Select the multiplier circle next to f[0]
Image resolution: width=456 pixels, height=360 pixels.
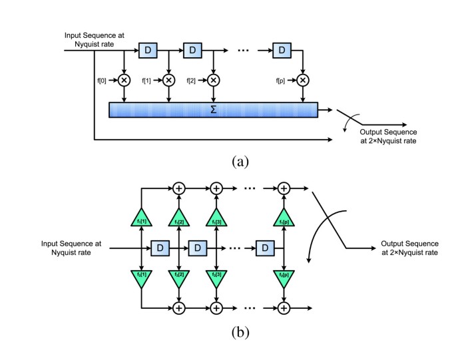(124, 80)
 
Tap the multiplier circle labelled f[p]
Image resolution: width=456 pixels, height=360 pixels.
(303, 80)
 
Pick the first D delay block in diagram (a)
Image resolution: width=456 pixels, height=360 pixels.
(147, 50)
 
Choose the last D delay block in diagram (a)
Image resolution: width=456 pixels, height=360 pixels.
(282, 50)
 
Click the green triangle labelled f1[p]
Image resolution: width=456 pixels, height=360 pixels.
(284, 220)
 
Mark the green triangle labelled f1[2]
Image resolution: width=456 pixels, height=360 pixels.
(179, 220)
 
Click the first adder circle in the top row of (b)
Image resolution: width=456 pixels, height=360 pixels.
(179, 189)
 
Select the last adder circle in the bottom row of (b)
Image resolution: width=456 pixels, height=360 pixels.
(284, 308)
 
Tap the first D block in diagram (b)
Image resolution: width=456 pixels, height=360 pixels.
(160, 248)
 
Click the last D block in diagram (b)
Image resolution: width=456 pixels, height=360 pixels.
(265, 248)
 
